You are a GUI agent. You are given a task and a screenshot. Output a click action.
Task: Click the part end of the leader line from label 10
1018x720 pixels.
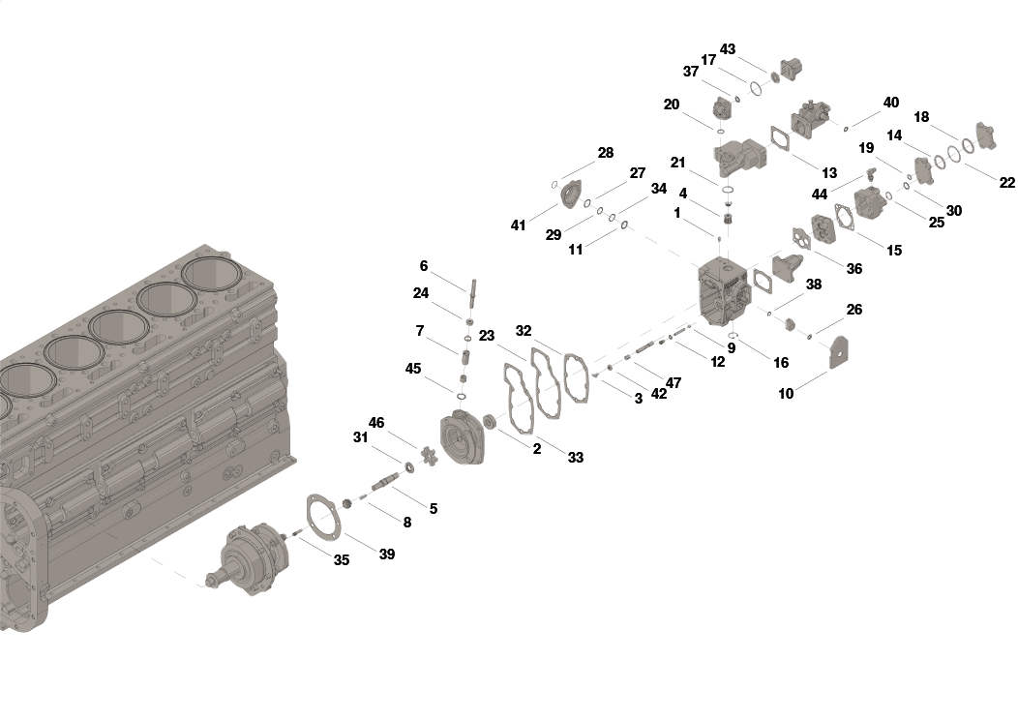[x=827, y=371]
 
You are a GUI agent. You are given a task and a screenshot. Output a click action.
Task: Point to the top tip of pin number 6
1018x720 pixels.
[x=473, y=281]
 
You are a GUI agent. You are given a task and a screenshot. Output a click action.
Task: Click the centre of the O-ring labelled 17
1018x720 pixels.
[x=756, y=88]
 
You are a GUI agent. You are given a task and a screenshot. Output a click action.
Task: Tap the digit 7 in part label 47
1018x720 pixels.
[x=677, y=383]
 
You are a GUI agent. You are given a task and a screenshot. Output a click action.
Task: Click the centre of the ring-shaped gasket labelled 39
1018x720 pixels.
[x=322, y=516]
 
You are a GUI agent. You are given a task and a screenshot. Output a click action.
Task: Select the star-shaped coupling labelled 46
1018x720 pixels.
[x=428, y=455]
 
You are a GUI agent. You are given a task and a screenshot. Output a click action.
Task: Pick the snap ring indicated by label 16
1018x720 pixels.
[x=733, y=335]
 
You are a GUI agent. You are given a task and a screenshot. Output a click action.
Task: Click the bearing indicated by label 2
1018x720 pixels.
[x=490, y=422]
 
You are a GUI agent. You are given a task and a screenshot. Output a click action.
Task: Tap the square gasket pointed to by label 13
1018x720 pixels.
[x=779, y=138]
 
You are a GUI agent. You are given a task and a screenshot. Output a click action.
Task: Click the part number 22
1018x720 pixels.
[x=1007, y=183]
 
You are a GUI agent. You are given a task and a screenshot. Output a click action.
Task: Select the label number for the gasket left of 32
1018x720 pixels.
[x=487, y=336]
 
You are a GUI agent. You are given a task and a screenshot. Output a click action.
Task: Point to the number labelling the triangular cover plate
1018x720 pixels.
[x=786, y=394]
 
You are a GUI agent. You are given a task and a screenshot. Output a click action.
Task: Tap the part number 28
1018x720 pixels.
[x=605, y=153]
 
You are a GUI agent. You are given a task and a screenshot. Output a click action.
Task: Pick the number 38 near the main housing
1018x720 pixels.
[x=814, y=285]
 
